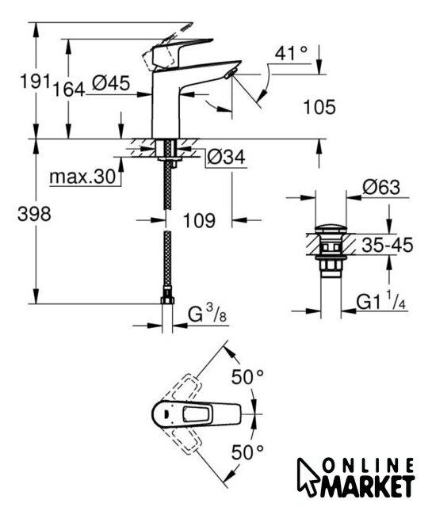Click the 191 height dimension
[x=35, y=81]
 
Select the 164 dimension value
[x=68, y=90]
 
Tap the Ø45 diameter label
[x=111, y=83]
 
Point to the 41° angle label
[x=291, y=53]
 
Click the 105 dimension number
[x=319, y=107]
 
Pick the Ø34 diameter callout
[x=226, y=157]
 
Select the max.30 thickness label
[x=82, y=177]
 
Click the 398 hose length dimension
[x=34, y=214]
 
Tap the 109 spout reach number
[x=199, y=221]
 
